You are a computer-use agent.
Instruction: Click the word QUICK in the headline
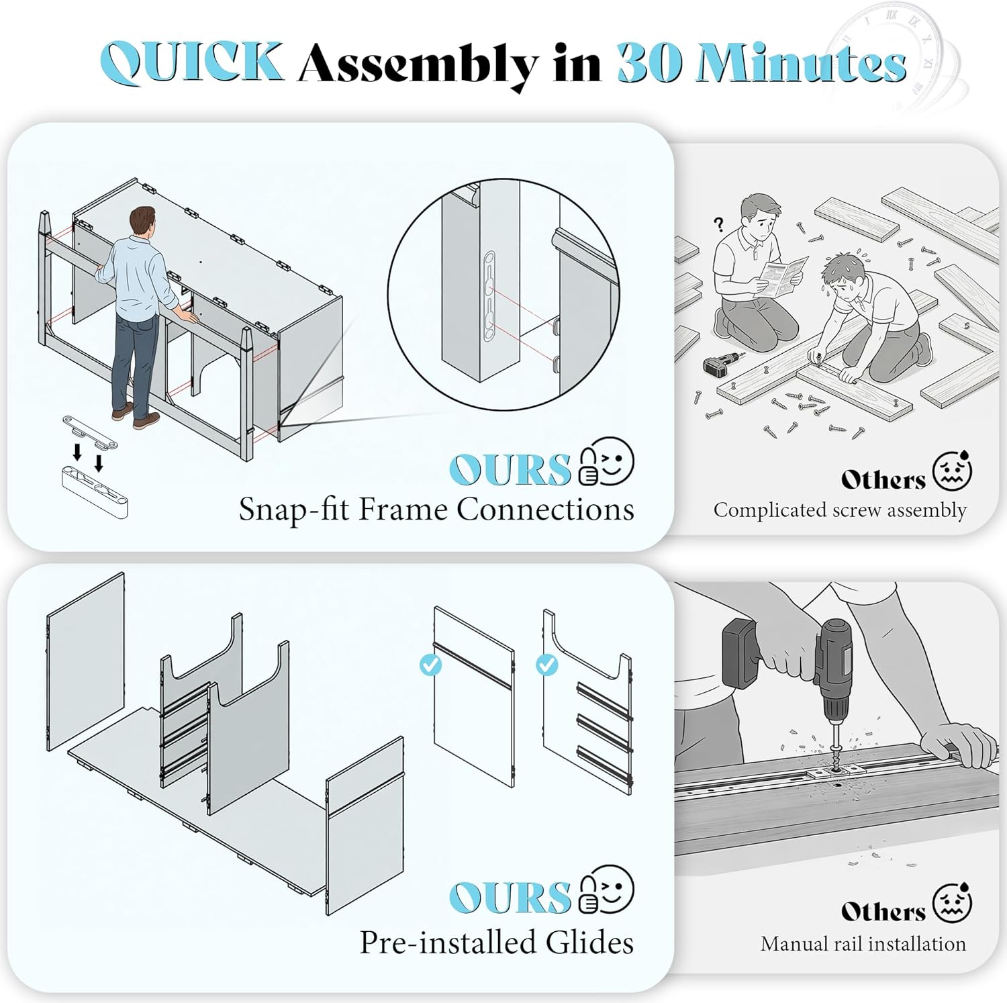pyautogui.click(x=191, y=62)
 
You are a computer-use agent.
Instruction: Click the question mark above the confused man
pyautogui.click(x=719, y=224)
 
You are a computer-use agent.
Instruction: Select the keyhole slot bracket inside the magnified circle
pyautogui.click(x=490, y=295)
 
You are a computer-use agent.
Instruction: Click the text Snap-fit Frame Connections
pyautogui.click(x=436, y=510)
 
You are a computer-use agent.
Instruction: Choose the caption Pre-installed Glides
pyautogui.click(x=496, y=942)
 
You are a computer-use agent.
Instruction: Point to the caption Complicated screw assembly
pyautogui.click(x=840, y=510)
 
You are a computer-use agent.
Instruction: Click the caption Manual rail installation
pyautogui.click(x=863, y=944)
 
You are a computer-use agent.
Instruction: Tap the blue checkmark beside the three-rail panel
pyautogui.click(x=547, y=665)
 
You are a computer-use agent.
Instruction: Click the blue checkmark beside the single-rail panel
pyautogui.click(x=430, y=665)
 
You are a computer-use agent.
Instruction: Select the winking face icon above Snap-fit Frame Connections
pyautogui.click(x=607, y=461)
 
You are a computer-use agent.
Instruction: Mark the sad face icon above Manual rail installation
pyautogui.click(x=952, y=904)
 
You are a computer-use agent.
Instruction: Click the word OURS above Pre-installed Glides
pyautogui.click(x=510, y=898)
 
